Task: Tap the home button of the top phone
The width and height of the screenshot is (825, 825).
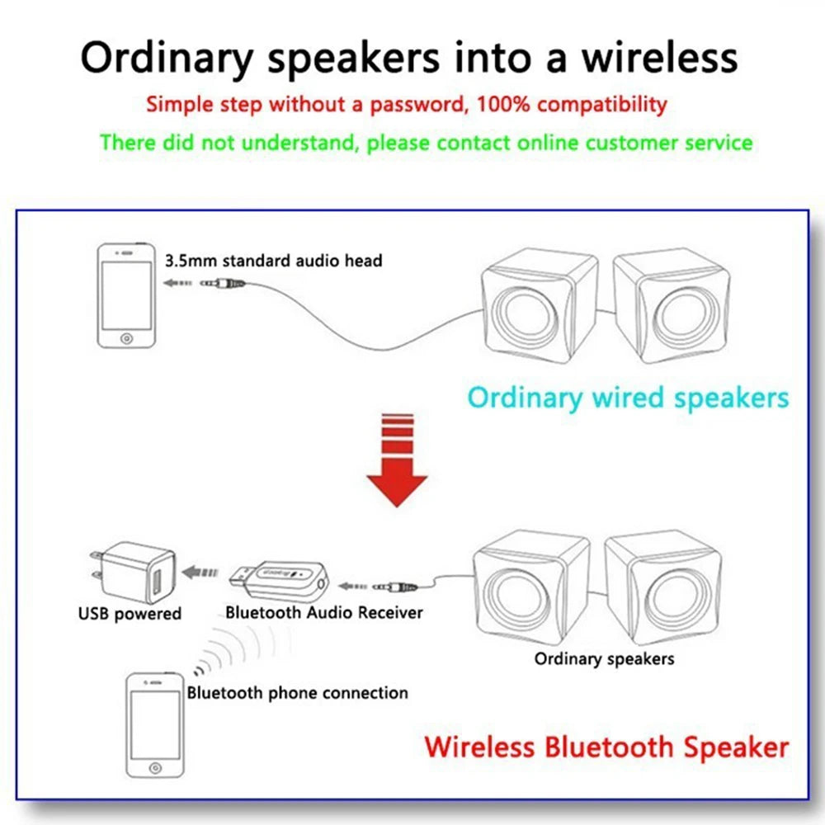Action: pyautogui.click(x=125, y=338)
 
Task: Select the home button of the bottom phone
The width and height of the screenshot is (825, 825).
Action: pyautogui.click(x=154, y=768)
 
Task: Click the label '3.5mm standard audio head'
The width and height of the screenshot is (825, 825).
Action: pyautogui.click(x=274, y=261)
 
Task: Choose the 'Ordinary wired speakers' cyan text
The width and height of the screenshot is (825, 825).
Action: pyautogui.click(x=628, y=398)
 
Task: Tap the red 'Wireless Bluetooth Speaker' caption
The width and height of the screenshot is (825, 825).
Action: pyautogui.click(x=606, y=747)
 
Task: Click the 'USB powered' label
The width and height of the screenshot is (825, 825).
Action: pyautogui.click(x=130, y=614)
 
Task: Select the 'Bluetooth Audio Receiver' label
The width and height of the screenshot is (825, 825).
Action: pyautogui.click(x=323, y=612)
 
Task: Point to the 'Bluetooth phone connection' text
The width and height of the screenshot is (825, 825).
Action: pyautogui.click(x=297, y=692)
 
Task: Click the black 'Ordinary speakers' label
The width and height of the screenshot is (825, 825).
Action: pyautogui.click(x=604, y=658)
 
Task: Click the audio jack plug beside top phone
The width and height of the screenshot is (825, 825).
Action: pyautogui.click(x=223, y=283)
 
